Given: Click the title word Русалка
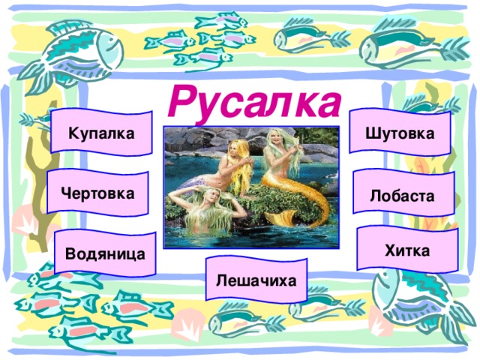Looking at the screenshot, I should [x=253, y=103].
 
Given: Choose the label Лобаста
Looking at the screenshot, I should [x=402, y=195].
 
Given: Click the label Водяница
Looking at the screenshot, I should [x=105, y=253].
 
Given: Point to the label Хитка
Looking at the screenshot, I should [x=406, y=250].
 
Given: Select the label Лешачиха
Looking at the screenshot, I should [x=255, y=280].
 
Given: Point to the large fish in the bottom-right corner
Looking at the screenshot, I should [x=412, y=300].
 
